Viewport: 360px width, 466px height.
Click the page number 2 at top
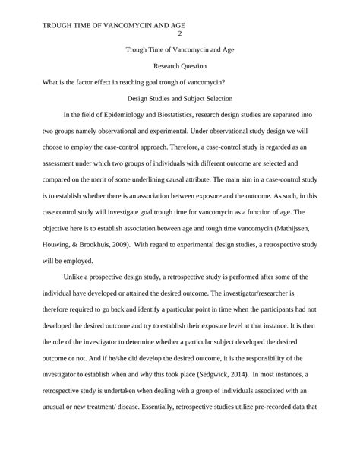coord(180,33)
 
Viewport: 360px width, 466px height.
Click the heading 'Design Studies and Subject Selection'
coord(179,99)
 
